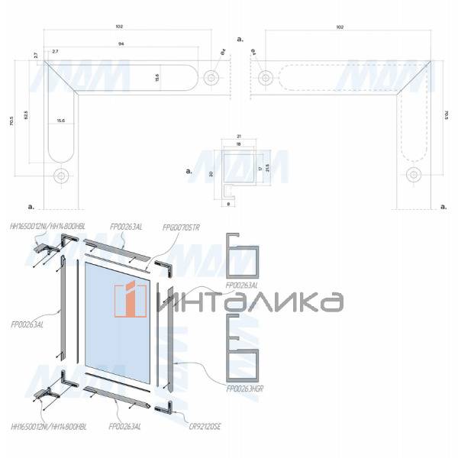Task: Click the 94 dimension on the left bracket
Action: (x=121, y=44)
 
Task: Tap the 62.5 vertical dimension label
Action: (x=26, y=115)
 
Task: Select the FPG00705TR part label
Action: (x=181, y=227)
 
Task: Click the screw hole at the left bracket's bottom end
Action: (x=60, y=175)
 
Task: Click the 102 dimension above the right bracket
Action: (x=338, y=27)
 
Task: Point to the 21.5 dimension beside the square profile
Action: (x=267, y=168)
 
